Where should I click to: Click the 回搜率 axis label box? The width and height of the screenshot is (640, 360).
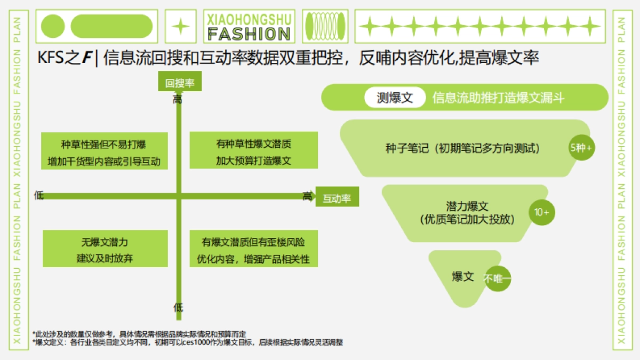point(179,83)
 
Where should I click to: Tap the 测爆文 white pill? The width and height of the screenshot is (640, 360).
point(395,98)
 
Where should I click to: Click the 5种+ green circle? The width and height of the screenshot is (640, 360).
point(581,148)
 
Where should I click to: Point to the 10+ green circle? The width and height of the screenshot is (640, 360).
point(542,212)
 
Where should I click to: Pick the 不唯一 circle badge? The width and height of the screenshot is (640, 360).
point(498,278)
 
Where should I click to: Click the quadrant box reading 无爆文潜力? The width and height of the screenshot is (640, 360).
point(105,249)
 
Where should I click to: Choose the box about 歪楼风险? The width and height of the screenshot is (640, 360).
point(253,249)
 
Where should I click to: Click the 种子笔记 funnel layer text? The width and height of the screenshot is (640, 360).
point(462,148)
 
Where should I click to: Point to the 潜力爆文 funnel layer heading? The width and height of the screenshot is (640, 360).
point(467,206)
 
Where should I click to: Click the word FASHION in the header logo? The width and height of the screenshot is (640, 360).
point(249,34)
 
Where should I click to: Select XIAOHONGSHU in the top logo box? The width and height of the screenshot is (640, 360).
point(249,19)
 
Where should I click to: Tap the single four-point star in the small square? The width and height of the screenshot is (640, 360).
point(181,26)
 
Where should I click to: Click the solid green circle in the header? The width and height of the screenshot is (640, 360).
point(53,26)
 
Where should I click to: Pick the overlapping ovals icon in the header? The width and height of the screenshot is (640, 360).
point(325,26)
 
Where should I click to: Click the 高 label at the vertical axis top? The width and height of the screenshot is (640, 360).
point(178,100)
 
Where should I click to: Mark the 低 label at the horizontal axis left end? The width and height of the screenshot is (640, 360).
point(38,195)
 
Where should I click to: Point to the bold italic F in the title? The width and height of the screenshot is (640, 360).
point(86,58)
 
